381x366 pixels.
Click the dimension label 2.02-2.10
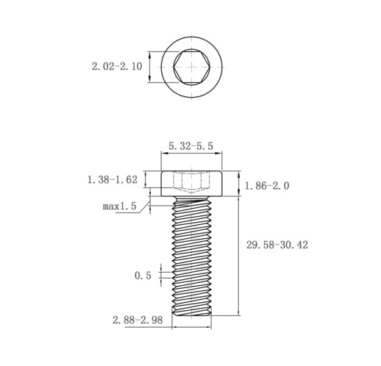click(x=117, y=66)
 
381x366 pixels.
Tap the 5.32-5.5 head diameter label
click(x=190, y=146)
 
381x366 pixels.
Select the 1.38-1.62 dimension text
click(x=113, y=179)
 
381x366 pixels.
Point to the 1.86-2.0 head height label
click(x=267, y=186)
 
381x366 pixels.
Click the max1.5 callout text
click(x=119, y=206)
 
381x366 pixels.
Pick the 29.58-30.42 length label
click(x=277, y=245)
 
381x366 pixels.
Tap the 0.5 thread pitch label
click(x=143, y=276)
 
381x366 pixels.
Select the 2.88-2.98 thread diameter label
click(x=138, y=320)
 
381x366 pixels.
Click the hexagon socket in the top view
click(x=191, y=67)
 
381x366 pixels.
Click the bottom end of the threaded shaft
click(x=191, y=315)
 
